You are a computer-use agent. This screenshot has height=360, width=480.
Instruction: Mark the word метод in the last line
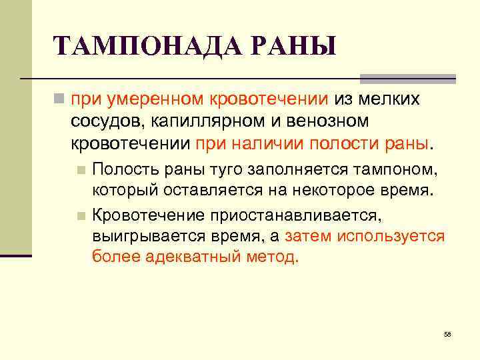click(x=275, y=258)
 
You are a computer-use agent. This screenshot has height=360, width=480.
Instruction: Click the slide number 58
click(x=447, y=334)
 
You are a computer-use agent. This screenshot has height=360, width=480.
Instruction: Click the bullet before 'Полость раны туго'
click(x=81, y=171)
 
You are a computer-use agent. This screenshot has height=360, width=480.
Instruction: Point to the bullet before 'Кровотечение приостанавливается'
click(x=81, y=215)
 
